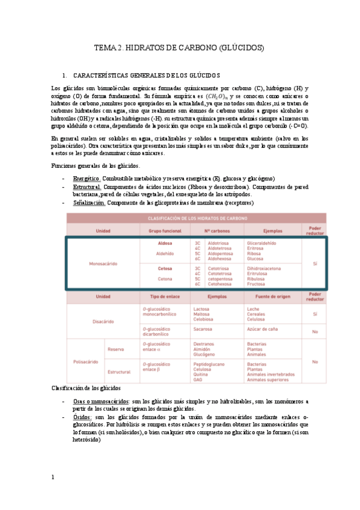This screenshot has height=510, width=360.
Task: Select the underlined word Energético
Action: (x=87, y=179)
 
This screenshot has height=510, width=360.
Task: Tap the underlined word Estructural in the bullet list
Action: (x=87, y=187)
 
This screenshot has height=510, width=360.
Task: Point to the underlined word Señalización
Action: (x=89, y=203)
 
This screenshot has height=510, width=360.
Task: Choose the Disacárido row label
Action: (x=103, y=322)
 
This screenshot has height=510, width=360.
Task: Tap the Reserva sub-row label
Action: (x=115, y=349)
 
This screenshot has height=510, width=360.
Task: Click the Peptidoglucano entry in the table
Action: (x=209, y=364)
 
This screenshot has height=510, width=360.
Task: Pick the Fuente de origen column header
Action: (x=269, y=296)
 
